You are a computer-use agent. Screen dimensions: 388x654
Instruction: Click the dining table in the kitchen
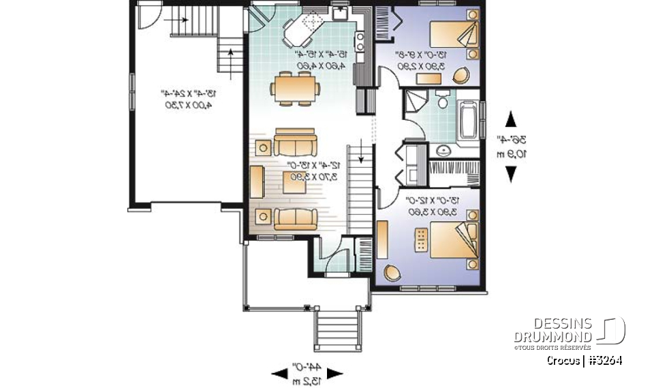295,87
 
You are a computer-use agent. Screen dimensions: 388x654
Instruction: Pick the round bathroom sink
443,149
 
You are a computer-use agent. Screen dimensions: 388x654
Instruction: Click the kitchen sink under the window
340,12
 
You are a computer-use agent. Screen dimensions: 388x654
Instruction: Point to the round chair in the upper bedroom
462,74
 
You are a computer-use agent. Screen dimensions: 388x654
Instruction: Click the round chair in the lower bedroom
392,272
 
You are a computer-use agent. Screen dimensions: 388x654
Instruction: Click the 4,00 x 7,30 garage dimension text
185,106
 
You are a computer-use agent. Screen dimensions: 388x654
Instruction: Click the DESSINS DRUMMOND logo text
552,330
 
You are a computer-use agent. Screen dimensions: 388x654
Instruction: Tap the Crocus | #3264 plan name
583,361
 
